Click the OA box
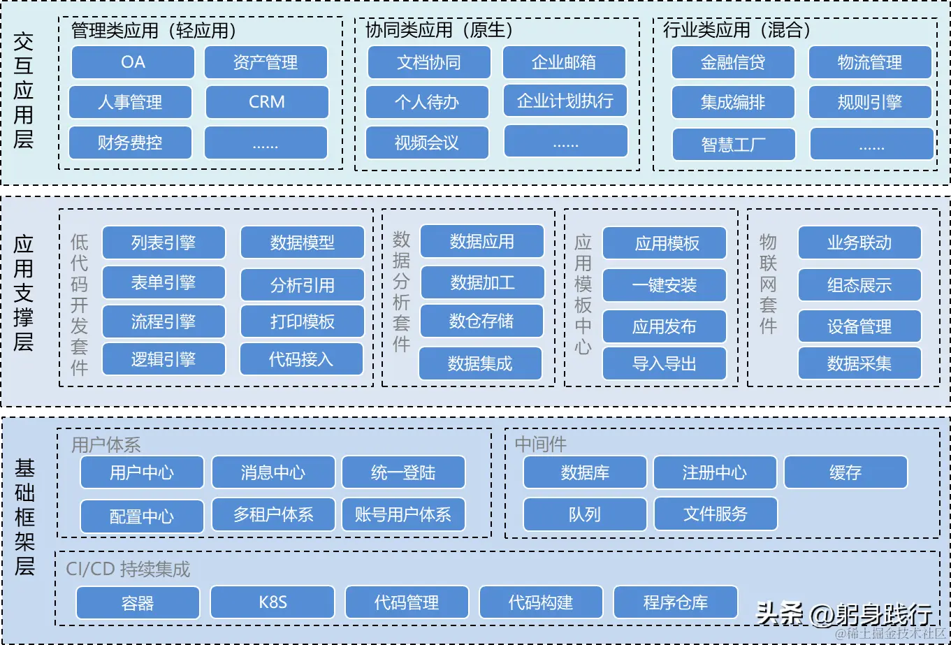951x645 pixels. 133,62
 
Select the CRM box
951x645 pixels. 266,102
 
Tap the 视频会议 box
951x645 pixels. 427,143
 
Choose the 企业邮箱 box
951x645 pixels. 564,62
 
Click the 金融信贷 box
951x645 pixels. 733,62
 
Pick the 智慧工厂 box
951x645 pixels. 734,144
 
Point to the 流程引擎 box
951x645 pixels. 164,322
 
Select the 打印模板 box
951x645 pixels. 302,322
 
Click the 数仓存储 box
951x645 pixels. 481,321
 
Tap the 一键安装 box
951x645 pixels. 665,285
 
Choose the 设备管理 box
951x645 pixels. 859,326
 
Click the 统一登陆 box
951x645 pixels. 403,472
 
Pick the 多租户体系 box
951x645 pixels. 273,515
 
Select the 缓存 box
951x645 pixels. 845,472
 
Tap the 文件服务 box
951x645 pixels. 716,514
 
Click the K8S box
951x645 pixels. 273,602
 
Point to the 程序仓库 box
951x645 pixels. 675,602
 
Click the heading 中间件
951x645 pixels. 541,444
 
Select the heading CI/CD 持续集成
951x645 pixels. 128,569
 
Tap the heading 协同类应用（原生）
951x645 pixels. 440,30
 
